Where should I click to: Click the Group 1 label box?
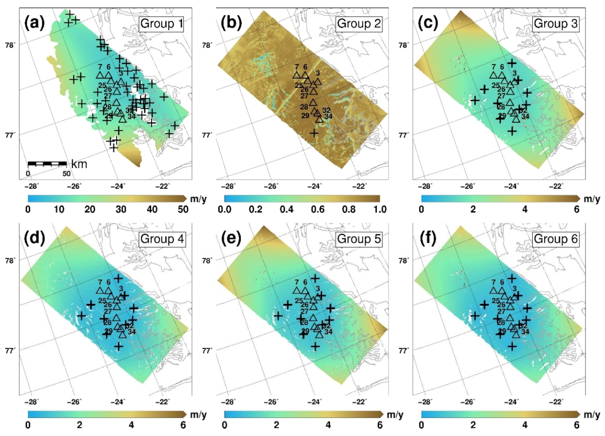click(x=161, y=24)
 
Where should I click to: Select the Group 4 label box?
click(x=162, y=239)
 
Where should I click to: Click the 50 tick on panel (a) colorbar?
click(x=183, y=209)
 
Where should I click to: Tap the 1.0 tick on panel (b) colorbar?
click(x=380, y=209)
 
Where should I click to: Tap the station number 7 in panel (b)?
click(x=297, y=67)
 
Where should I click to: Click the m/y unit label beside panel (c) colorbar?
click(x=592, y=199)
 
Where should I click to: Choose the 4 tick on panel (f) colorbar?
click(x=525, y=425)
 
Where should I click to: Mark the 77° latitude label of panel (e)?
click(x=206, y=351)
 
